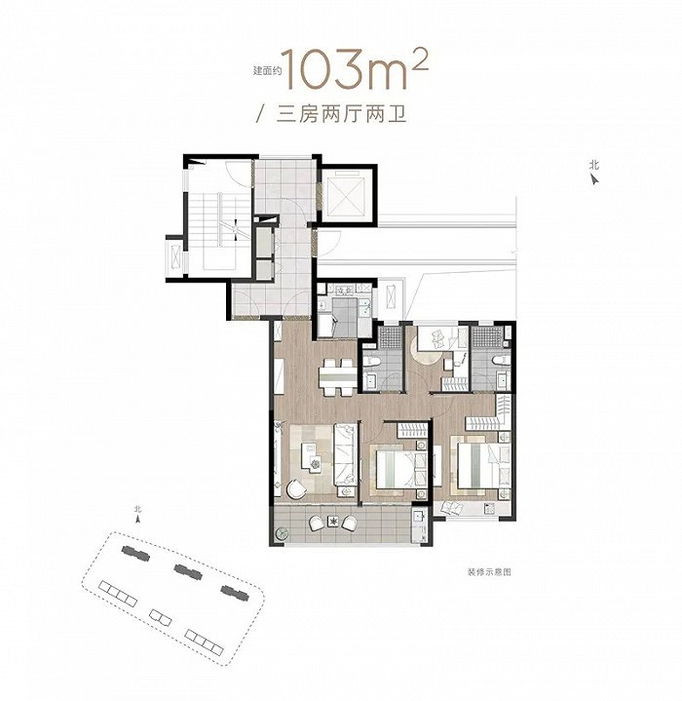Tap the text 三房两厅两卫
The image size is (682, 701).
click(x=341, y=114)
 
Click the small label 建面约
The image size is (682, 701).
click(x=267, y=70)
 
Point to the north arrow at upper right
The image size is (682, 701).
click(x=594, y=179)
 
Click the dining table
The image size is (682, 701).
click(x=338, y=377)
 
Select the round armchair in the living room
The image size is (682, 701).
click(x=295, y=488)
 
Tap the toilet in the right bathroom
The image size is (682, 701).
click(x=500, y=361)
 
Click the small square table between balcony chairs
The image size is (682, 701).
click(x=333, y=521)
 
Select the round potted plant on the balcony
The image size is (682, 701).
click(x=282, y=534)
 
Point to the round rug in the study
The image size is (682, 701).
click(x=426, y=351)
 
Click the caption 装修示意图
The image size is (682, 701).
click(x=489, y=571)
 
